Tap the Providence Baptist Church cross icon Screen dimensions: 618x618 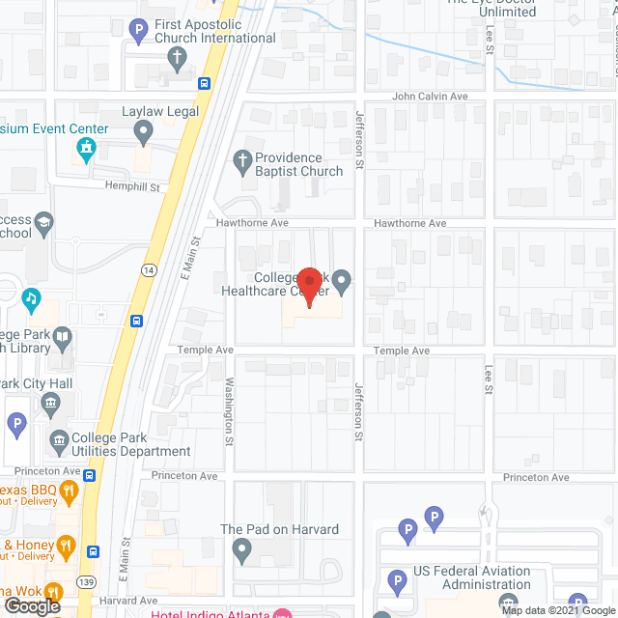pos(241,159)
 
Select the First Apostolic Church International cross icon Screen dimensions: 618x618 pos(177,57)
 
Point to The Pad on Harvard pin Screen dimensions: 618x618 pos(241,549)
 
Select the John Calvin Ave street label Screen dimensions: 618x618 pos(430,97)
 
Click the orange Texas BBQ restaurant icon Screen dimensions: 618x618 pos(69,493)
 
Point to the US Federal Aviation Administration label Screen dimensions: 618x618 pos(472,577)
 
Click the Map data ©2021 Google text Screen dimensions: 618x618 pos(557,609)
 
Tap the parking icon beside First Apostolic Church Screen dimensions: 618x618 pos(138,30)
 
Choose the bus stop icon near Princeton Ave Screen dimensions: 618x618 pos(89,474)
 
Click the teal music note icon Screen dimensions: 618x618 pos(32,297)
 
